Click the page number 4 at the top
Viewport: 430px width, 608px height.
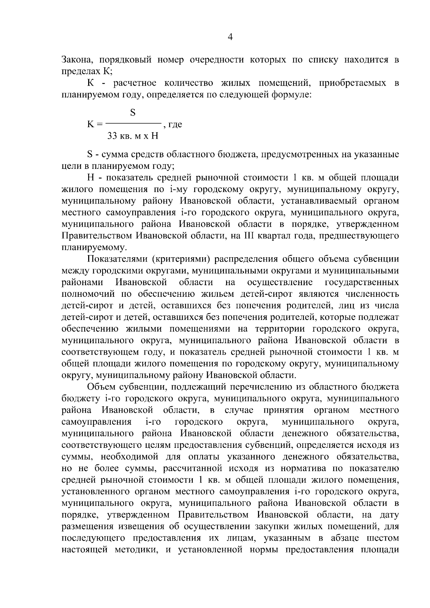click(x=230, y=37)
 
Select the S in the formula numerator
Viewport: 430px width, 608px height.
click(x=133, y=113)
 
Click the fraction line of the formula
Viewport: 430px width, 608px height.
click(x=133, y=124)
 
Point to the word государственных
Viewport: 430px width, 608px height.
click(x=362, y=282)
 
